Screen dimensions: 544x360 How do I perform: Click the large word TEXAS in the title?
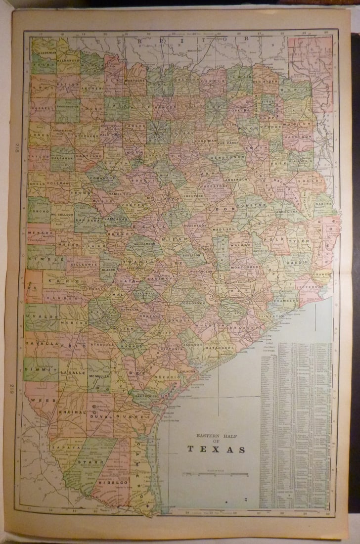(x=216, y=450)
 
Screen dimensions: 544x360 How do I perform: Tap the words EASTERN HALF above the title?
(x=216, y=436)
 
